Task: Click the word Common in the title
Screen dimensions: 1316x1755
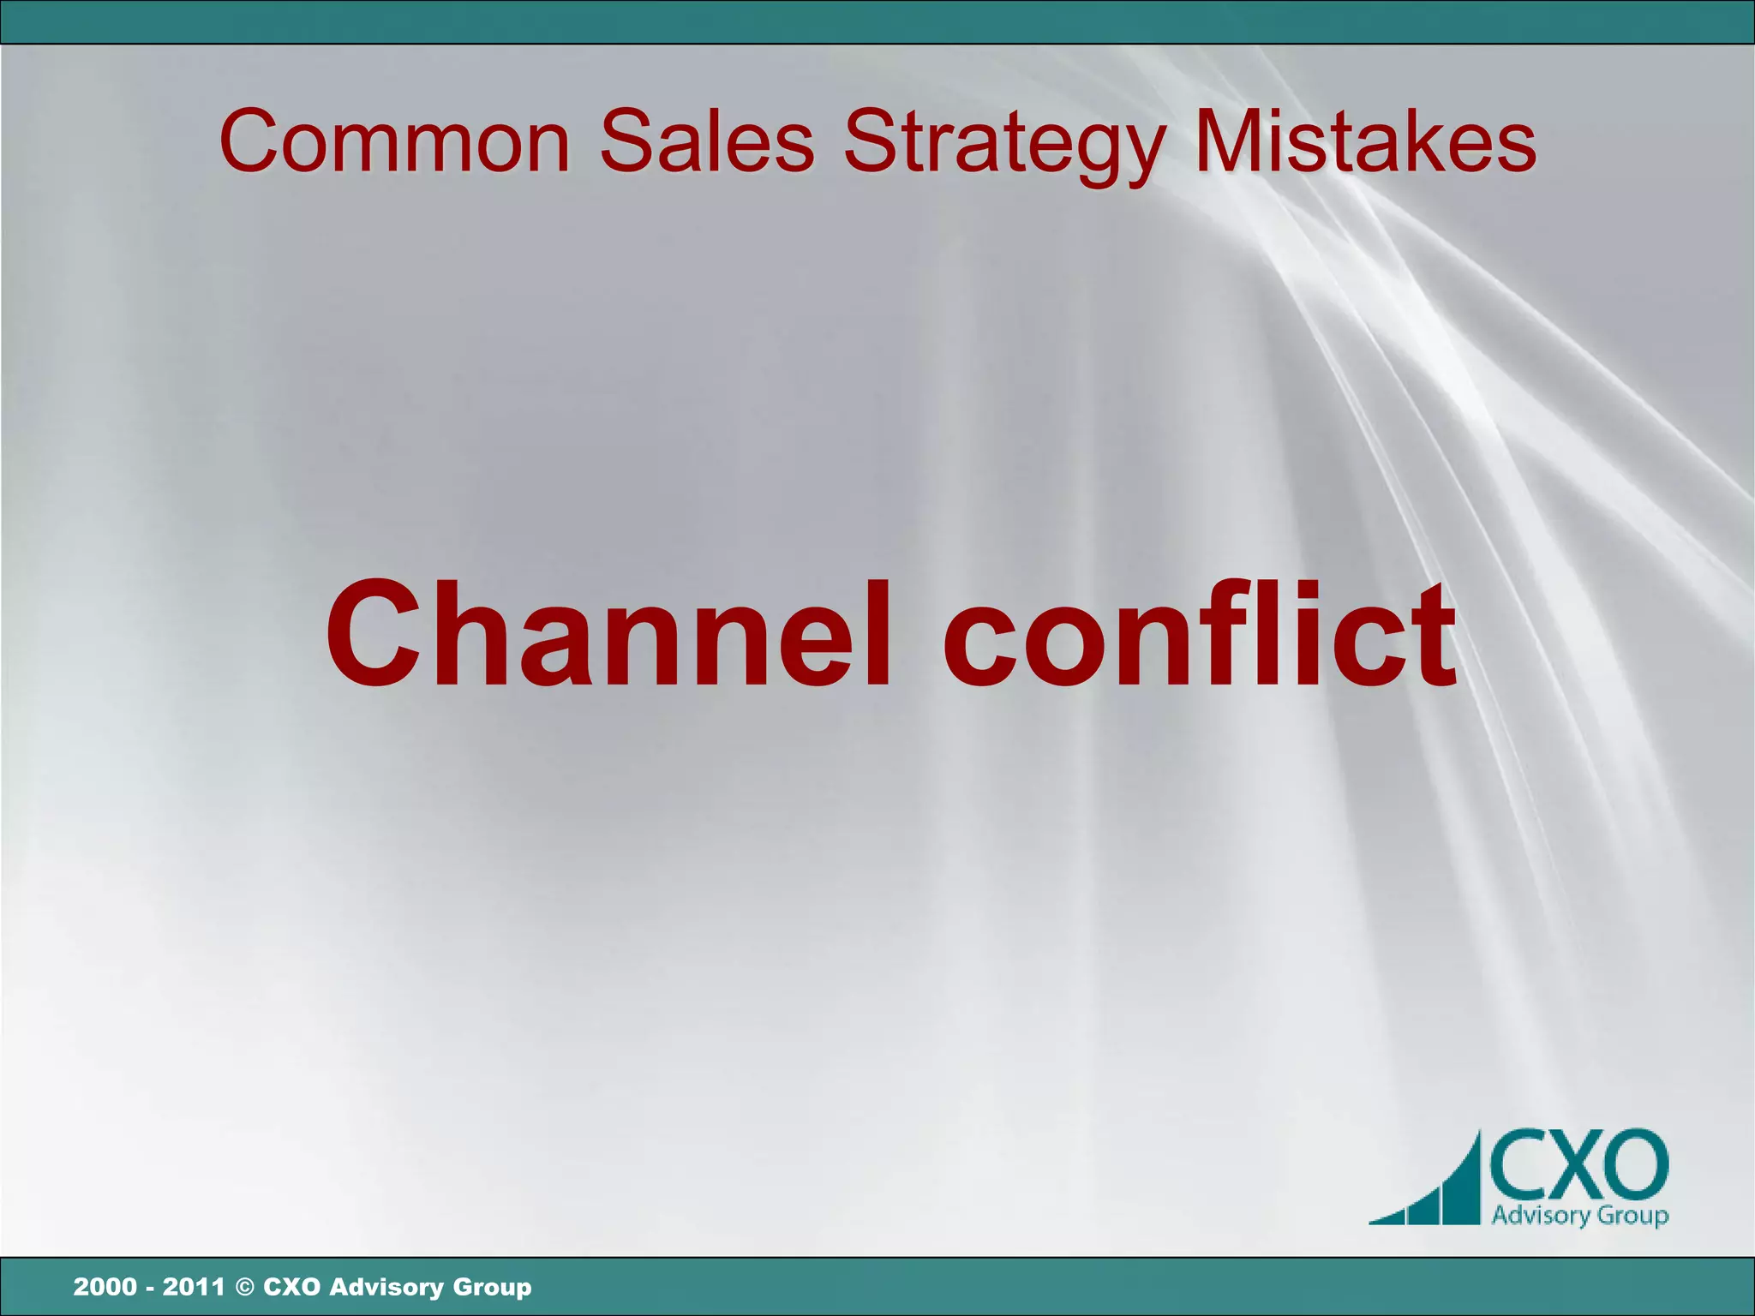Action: tap(395, 141)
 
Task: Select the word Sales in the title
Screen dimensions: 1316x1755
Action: tap(707, 141)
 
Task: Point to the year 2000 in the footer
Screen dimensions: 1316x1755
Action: tap(105, 1286)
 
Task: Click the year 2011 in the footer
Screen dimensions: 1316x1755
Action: tap(194, 1286)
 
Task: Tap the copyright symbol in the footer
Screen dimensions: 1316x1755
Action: tap(244, 1287)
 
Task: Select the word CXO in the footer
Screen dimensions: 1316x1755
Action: tap(292, 1286)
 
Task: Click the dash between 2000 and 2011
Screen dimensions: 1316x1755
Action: tap(149, 1288)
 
